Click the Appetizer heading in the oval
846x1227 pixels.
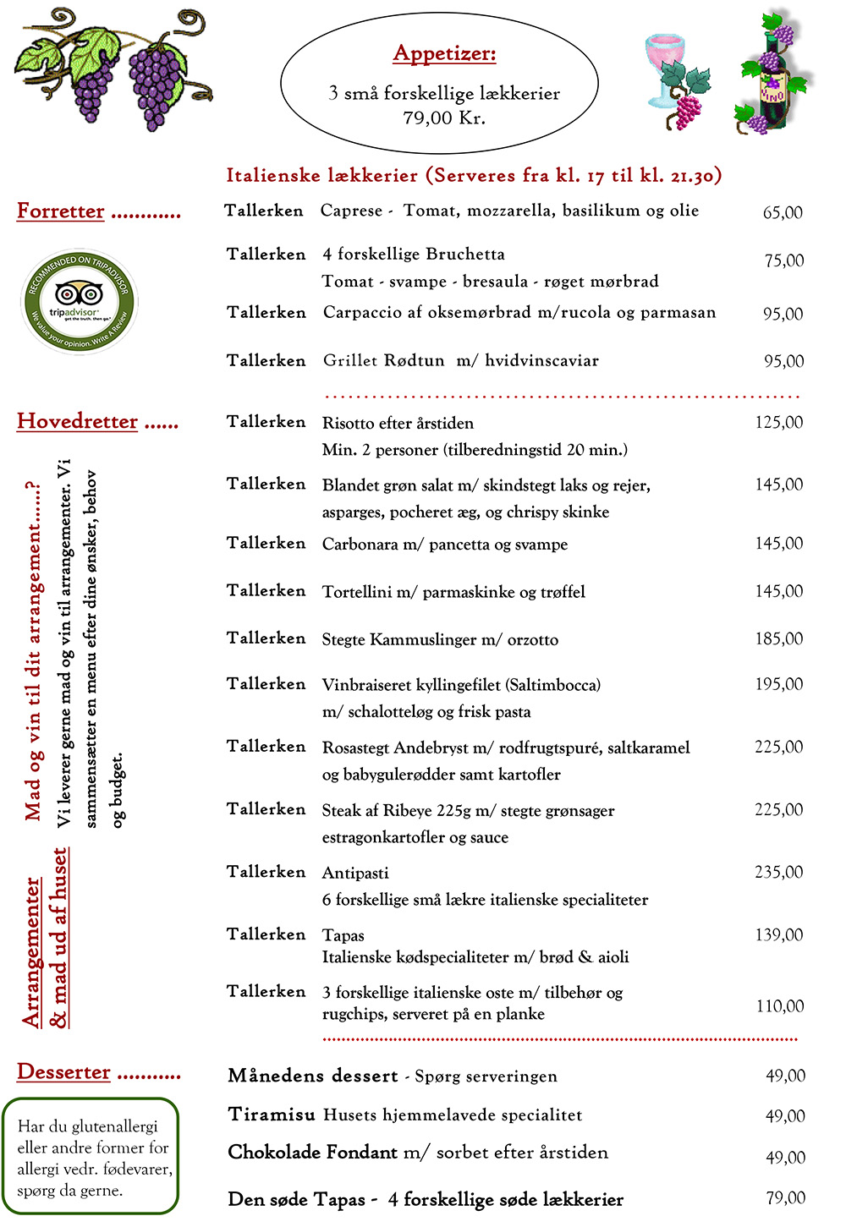444,54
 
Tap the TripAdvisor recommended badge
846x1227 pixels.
79,301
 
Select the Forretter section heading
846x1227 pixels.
61,211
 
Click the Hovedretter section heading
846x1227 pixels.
77,421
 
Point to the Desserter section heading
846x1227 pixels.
64,1072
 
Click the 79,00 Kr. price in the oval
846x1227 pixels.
444,118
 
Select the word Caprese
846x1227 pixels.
351,211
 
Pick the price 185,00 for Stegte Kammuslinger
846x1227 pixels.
779,639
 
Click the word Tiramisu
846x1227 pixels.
272,1115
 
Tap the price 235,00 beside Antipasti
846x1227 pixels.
779,873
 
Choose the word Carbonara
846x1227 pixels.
360,545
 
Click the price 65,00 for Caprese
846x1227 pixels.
783,213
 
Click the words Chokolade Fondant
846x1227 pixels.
312,1153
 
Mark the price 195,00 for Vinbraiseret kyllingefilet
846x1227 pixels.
779,685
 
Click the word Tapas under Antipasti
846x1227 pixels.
343,935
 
